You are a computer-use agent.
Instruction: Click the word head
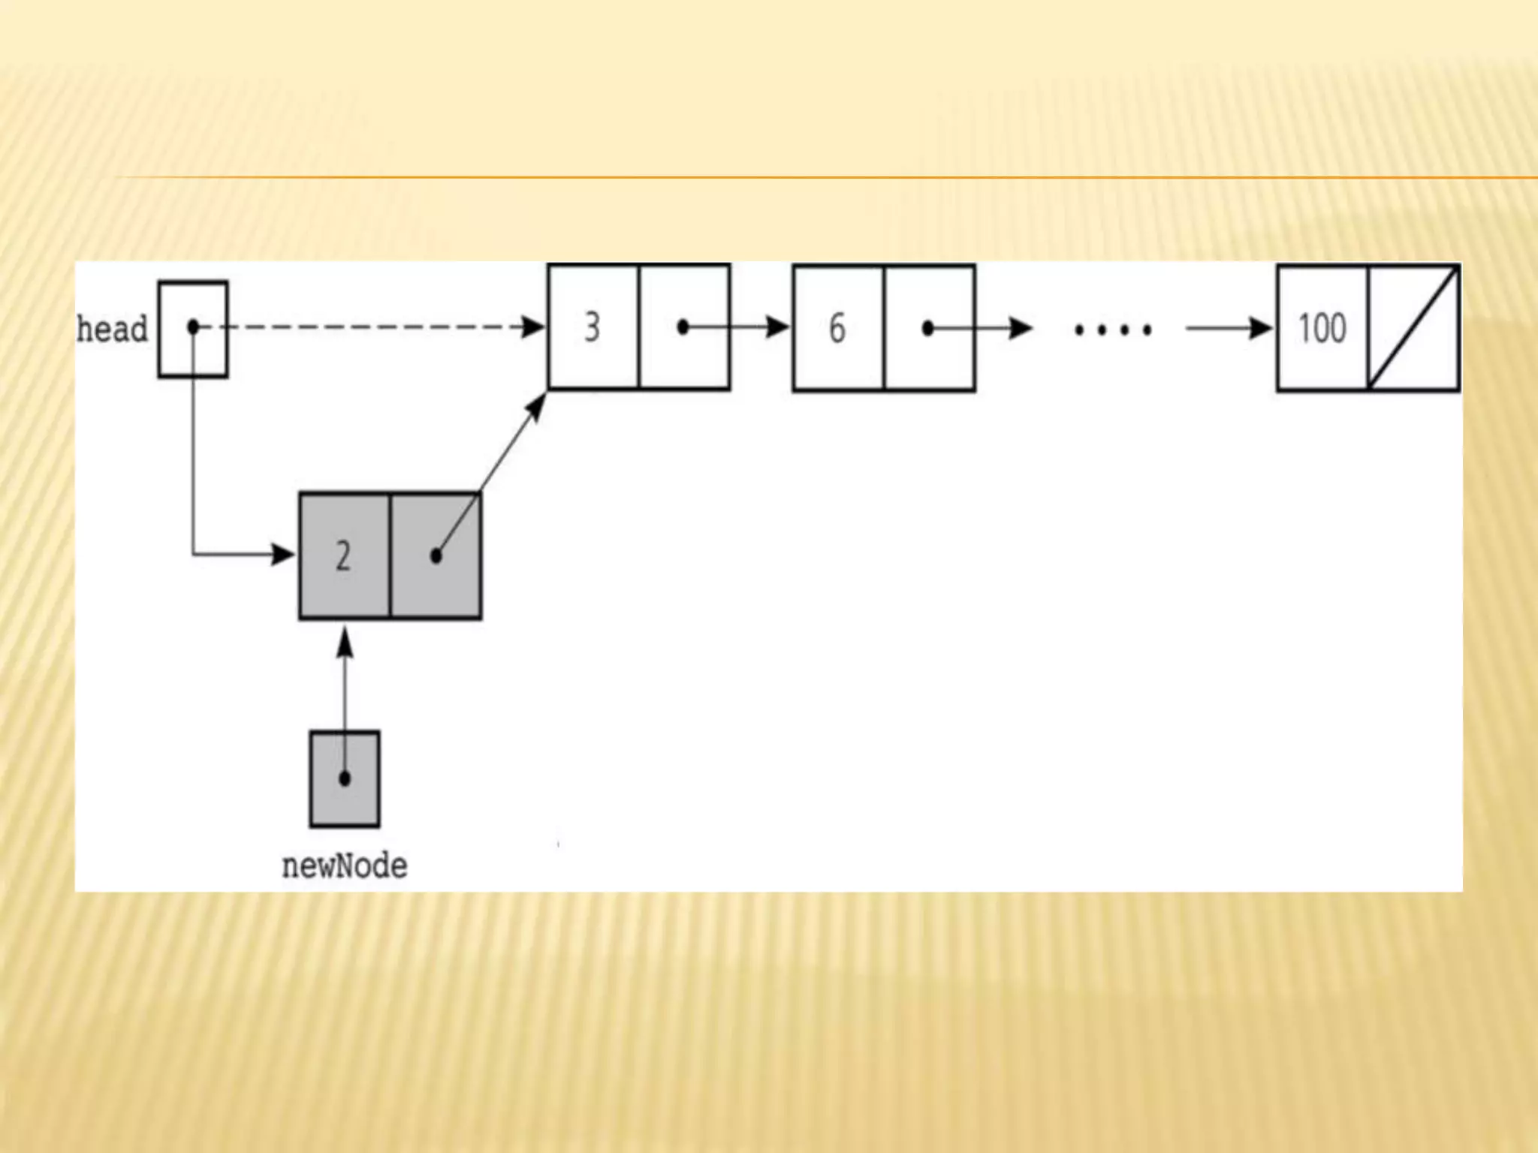[x=113, y=330]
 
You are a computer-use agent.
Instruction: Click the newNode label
[x=345, y=866]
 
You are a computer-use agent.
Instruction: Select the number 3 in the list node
[x=593, y=327]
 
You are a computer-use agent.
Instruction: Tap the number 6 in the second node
[x=837, y=328]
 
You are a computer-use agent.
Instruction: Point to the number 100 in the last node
[x=1322, y=328]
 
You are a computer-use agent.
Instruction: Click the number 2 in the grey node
[x=343, y=556]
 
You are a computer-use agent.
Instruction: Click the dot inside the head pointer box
[x=193, y=327]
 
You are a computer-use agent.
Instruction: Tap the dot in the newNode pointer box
[x=345, y=778]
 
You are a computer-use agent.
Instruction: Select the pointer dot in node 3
[x=683, y=327]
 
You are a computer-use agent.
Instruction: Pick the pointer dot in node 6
[x=928, y=328]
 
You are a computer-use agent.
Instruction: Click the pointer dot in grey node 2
[x=436, y=556]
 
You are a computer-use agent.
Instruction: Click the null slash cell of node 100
[x=1414, y=328]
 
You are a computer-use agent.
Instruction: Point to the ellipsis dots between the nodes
[x=1113, y=330]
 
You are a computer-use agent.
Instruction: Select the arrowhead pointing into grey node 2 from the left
[x=284, y=555]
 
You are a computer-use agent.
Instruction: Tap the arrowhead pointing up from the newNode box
[x=345, y=643]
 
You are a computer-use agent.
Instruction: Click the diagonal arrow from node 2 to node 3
[x=503, y=458]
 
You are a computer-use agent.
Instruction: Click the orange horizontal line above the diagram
[x=826, y=178]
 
